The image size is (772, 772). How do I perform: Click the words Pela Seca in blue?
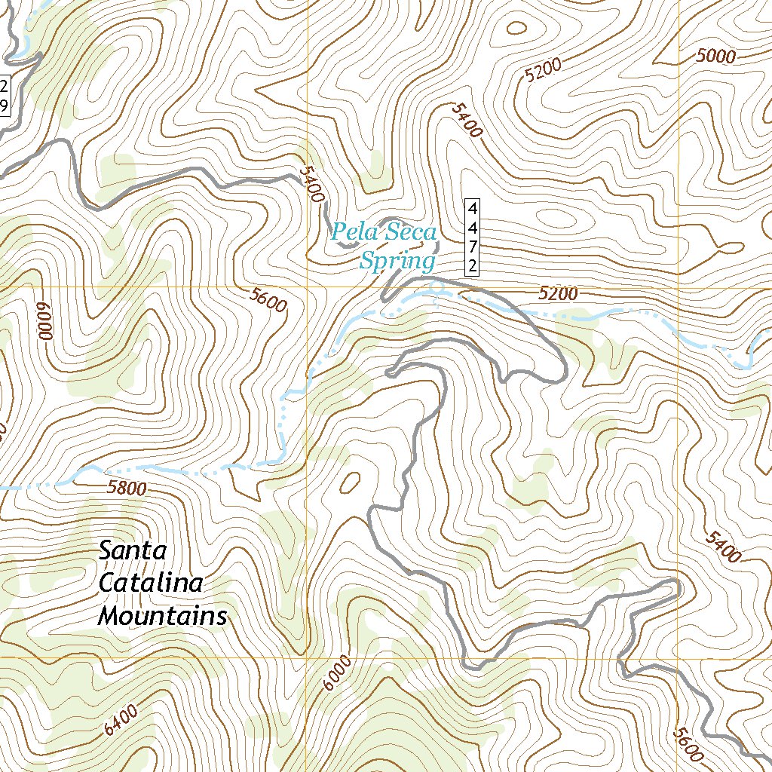[384, 232]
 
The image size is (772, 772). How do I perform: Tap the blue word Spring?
[397, 262]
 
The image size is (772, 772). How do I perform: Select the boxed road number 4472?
[473, 237]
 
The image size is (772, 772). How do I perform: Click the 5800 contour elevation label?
[127, 488]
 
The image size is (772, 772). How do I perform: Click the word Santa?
[133, 551]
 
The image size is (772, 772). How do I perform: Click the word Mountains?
[163, 617]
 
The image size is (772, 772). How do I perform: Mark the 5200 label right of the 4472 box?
[558, 293]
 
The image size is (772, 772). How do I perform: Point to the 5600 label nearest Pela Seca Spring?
[268, 300]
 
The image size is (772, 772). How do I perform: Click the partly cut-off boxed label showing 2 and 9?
[4, 95]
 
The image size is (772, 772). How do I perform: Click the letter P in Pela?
[340, 232]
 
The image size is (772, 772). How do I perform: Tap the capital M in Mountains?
[109, 617]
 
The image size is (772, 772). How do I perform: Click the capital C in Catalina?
[107, 584]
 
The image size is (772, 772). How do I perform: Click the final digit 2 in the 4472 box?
[473, 265]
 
